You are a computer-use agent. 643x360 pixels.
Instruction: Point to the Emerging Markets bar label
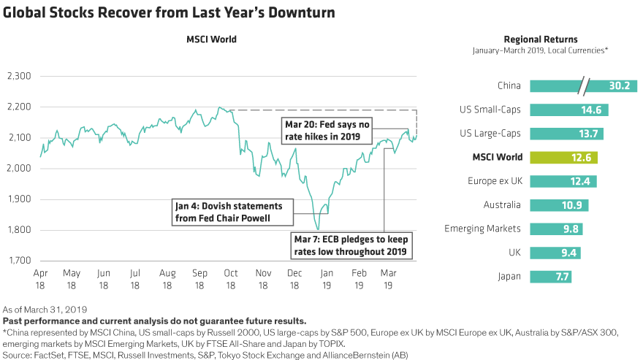click(482, 229)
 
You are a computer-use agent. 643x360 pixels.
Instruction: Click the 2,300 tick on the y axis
click(18, 76)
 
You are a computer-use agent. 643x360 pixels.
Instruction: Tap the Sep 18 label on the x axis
click(199, 278)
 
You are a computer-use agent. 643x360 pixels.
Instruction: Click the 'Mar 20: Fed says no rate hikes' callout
click(326, 131)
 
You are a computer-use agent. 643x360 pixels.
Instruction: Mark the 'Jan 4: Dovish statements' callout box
click(231, 211)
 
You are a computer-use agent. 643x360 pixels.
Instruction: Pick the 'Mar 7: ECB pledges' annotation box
click(350, 245)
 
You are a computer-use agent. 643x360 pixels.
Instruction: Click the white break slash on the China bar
click(583, 85)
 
